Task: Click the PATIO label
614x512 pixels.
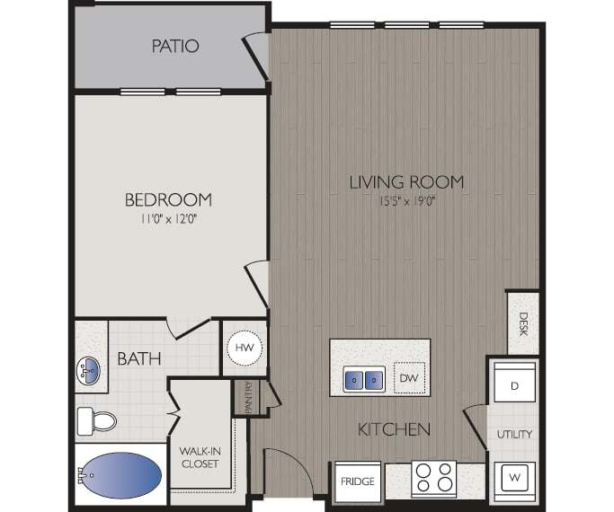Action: tap(175, 46)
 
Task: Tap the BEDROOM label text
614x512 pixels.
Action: tap(168, 199)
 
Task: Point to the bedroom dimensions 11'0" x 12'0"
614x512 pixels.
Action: tap(168, 218)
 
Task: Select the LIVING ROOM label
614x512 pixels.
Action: tap(406, 182)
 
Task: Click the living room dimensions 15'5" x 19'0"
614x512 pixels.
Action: tap(406, 200)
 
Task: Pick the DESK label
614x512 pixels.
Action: tap(523, 321)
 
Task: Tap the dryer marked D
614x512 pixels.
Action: tap(514, 386)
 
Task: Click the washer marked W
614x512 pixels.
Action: tap(515, 476)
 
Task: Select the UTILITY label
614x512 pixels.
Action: tap(515, 434)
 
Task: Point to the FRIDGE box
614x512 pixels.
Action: tap(357, 481)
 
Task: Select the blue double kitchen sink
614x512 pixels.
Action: tap(364, 380)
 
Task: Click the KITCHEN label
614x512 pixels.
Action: tap(394, 429)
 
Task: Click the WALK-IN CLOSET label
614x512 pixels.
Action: tap(200, 457)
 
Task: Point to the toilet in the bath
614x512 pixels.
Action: tap(97, 419)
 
